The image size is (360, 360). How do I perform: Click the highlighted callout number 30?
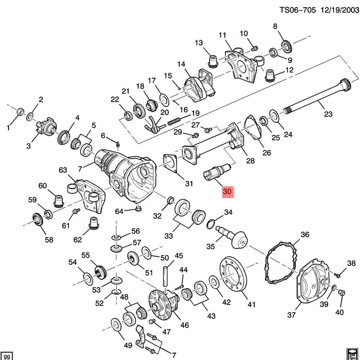coord(228,192)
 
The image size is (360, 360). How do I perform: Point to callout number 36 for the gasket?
coord(305,235)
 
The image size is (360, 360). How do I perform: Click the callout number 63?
coord(63,170)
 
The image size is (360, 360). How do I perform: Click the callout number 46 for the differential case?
coord(184,325)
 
